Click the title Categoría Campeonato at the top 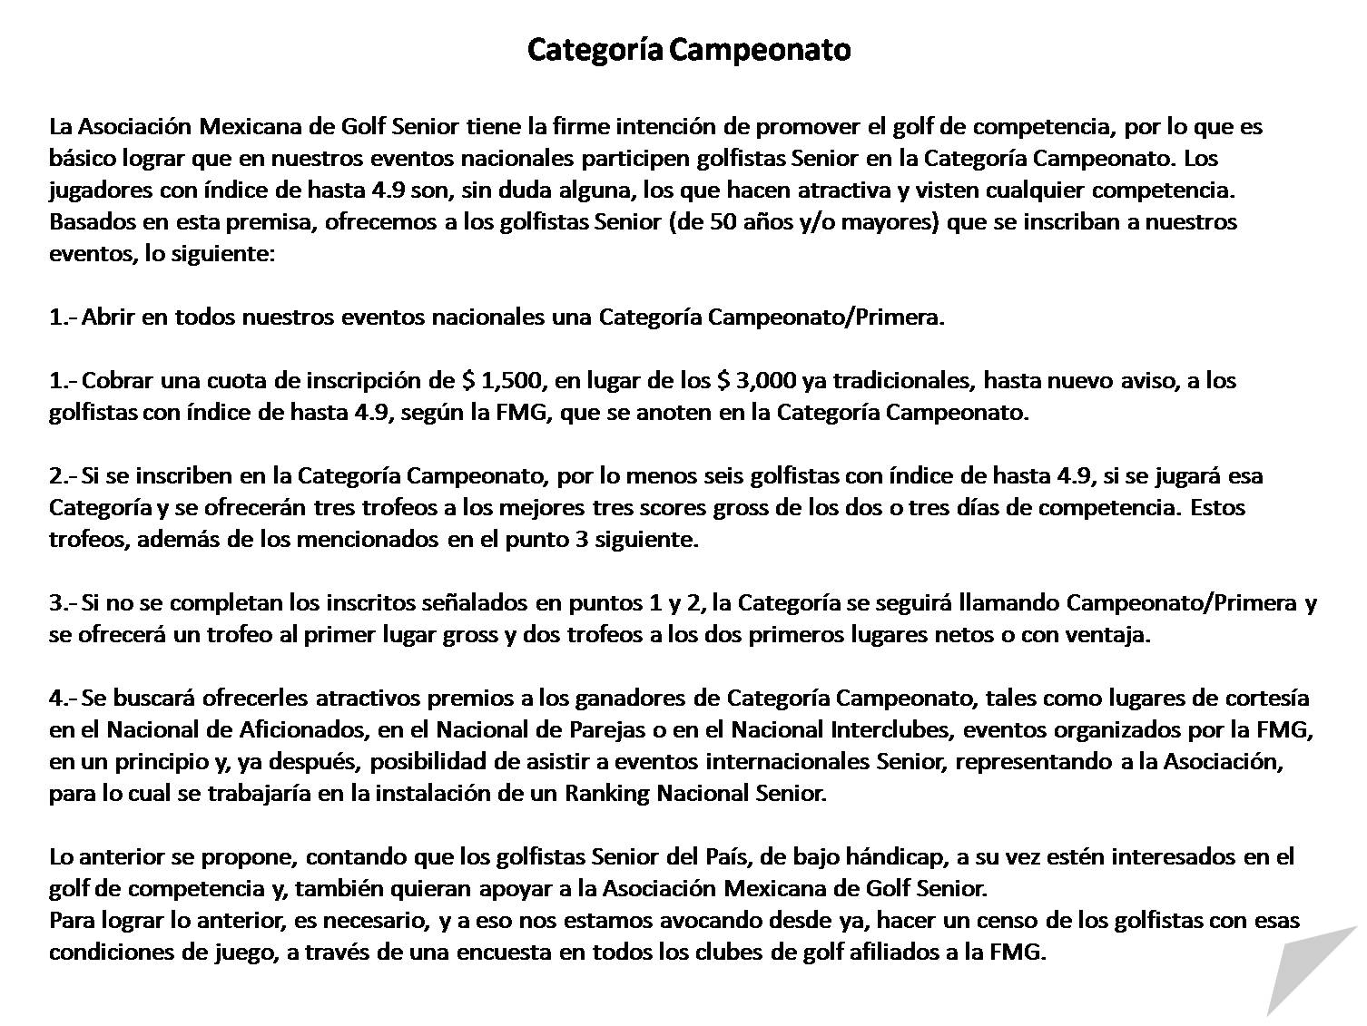[689, 49]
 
